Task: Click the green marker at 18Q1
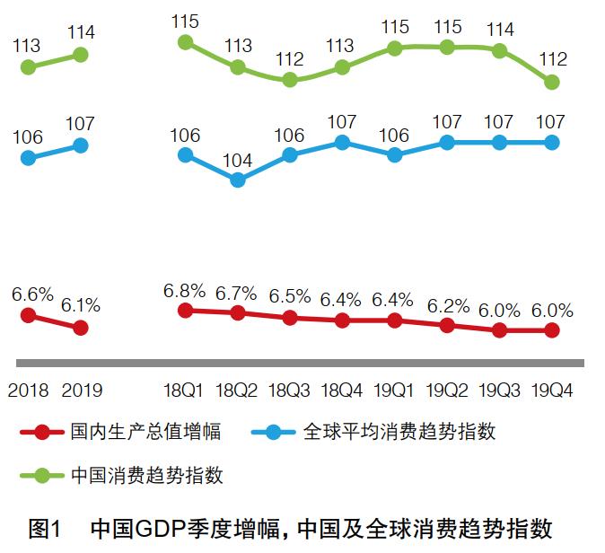coord(186,42)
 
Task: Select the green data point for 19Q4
coord(552,82)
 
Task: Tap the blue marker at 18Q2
coord(238,180)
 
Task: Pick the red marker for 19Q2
coord(447,325)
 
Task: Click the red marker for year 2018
coord(28,315)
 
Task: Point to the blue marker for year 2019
coord(80,145)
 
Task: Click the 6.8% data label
coord(185,291)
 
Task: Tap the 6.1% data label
coord(81,306)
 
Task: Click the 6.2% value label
coord(448,305)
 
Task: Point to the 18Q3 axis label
coord(289,391)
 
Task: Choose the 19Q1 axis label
coord(395,391)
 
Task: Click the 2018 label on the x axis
coord(28,391)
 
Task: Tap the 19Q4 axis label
coord(553,391)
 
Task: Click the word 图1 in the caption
coord(43,528)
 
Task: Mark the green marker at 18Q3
coord(290,79)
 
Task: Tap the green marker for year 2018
coord(28,66)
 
